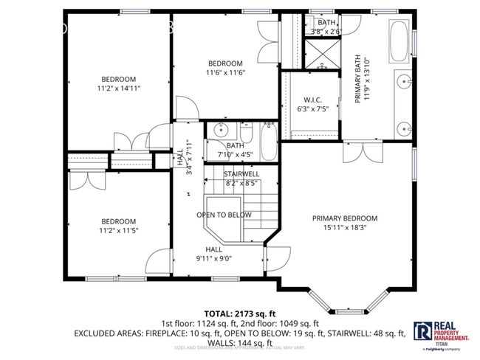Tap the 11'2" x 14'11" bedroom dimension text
point(118,89)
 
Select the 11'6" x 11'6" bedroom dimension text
point(225,72)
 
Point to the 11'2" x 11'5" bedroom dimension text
point(118,231)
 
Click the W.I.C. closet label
point(312,100)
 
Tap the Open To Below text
point(223,215)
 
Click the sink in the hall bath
point(219,131)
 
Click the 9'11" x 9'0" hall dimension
point(213,259)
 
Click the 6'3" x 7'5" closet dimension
point(312,110)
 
